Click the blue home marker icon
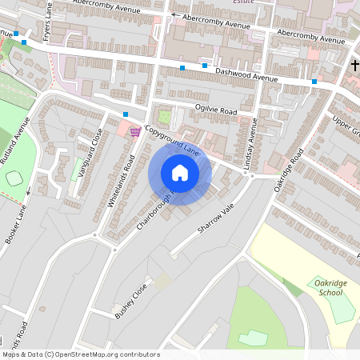(x=180, y=172)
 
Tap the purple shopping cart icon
(x=135, y=131)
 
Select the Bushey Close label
(x=131, y=300)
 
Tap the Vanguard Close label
(x=90, y=154)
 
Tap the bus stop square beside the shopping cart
(x=126, y=115)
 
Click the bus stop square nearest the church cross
(x=314, y=82)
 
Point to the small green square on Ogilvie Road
(x=165, y=116)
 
